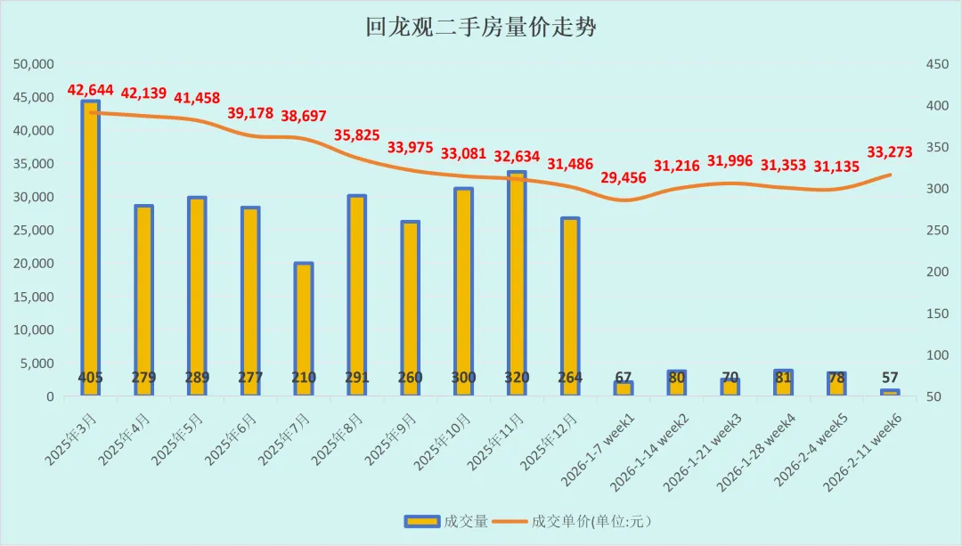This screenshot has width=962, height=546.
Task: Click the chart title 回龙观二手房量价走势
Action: point(480,28)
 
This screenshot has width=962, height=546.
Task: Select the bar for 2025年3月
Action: point(90,248)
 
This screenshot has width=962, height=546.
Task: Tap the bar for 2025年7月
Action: point(304,329)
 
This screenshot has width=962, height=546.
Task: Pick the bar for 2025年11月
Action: point(517,283)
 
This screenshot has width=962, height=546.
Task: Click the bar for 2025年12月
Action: point(570,306)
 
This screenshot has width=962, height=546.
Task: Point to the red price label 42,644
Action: point(90,90)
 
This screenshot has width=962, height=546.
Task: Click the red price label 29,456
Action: point(624,178)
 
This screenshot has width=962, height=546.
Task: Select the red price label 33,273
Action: point(890,151)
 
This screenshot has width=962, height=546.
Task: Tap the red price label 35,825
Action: point(357,135)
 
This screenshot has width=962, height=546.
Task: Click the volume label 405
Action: point(90,378)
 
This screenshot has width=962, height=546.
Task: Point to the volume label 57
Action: point(890,378)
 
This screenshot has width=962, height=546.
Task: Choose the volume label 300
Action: point(463,378)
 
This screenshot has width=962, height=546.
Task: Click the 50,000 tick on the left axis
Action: point(34,64)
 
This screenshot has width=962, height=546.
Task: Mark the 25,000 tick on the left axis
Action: point(34,230)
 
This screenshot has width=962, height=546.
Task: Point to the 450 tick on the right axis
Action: point(937,64)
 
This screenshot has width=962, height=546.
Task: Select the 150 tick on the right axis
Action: point(937,314)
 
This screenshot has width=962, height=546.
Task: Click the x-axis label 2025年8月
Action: point(338,438)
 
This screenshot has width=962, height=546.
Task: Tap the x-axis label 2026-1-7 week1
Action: point(599,450)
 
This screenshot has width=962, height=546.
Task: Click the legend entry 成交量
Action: point(446,521)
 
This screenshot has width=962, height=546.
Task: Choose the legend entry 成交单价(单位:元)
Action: point(572,521)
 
